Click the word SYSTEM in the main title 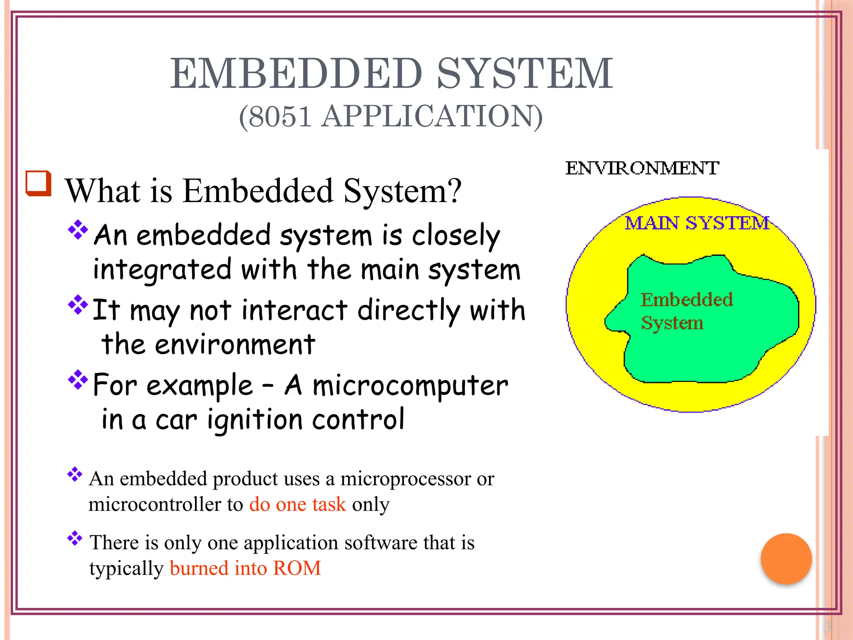tap(525, 74)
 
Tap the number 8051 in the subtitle tap(281, 116)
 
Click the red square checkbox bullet tap(38, 183)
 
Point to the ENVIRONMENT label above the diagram tap(642, 168)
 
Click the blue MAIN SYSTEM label tap(697, 223)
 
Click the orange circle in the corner tap(786, 558)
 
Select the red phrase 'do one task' tap(297, 504)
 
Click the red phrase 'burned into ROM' tap(245, 568)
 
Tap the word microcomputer tap(410, 385)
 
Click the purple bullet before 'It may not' tap(78, 305)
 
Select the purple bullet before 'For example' tap(78, 379)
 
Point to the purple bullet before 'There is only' tap(75, 538)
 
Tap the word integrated tap(162, 269)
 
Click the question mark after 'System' tap(455, 190)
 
